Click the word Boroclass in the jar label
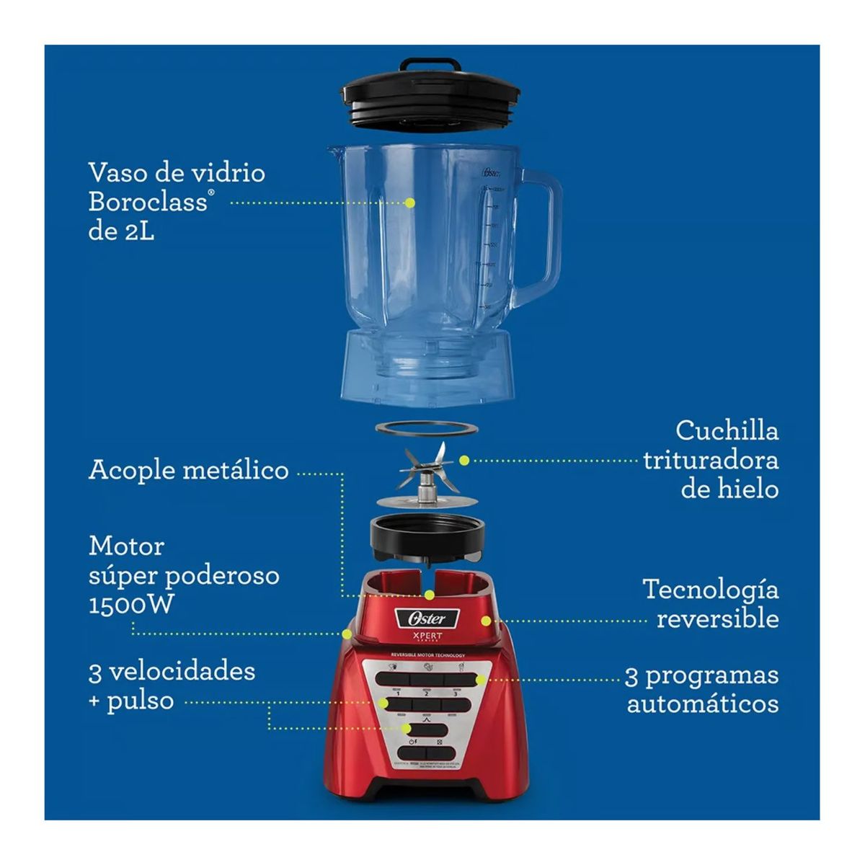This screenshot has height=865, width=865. tap(147, 202)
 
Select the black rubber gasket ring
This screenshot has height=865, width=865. tap(427, 428)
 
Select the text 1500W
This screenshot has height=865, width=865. tap(131, 604)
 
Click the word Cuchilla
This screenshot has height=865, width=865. tap(727, 431)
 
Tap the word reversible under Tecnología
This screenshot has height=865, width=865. tap(717, 618)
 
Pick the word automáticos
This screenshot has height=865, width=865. tap(703, 704)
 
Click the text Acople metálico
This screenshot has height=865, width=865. tap(188, 470)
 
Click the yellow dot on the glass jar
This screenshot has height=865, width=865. tap(410, 203)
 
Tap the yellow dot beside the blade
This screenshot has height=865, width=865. tap(465, 459)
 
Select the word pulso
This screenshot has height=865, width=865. tap(140, 701)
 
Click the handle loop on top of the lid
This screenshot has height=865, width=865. tap(431, 64)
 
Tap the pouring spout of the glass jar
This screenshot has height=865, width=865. tap(333, 151)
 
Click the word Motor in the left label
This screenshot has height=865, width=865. tap(126, 546)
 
